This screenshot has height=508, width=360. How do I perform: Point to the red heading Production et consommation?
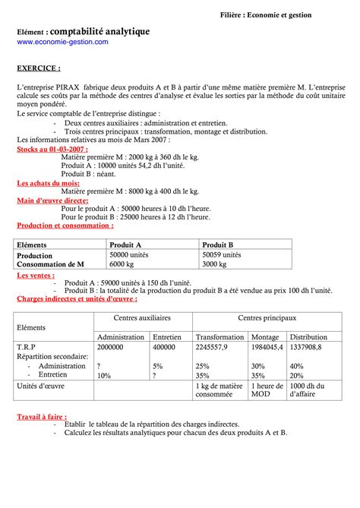[x=65, y=226]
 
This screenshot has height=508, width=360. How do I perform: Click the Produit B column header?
[x=218, y=245]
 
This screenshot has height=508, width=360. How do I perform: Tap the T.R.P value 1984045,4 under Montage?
[x=267, y=346]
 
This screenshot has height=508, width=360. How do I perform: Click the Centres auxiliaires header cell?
[x=142, y=317]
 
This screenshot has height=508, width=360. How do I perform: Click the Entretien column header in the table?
[x=167, y=336]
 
